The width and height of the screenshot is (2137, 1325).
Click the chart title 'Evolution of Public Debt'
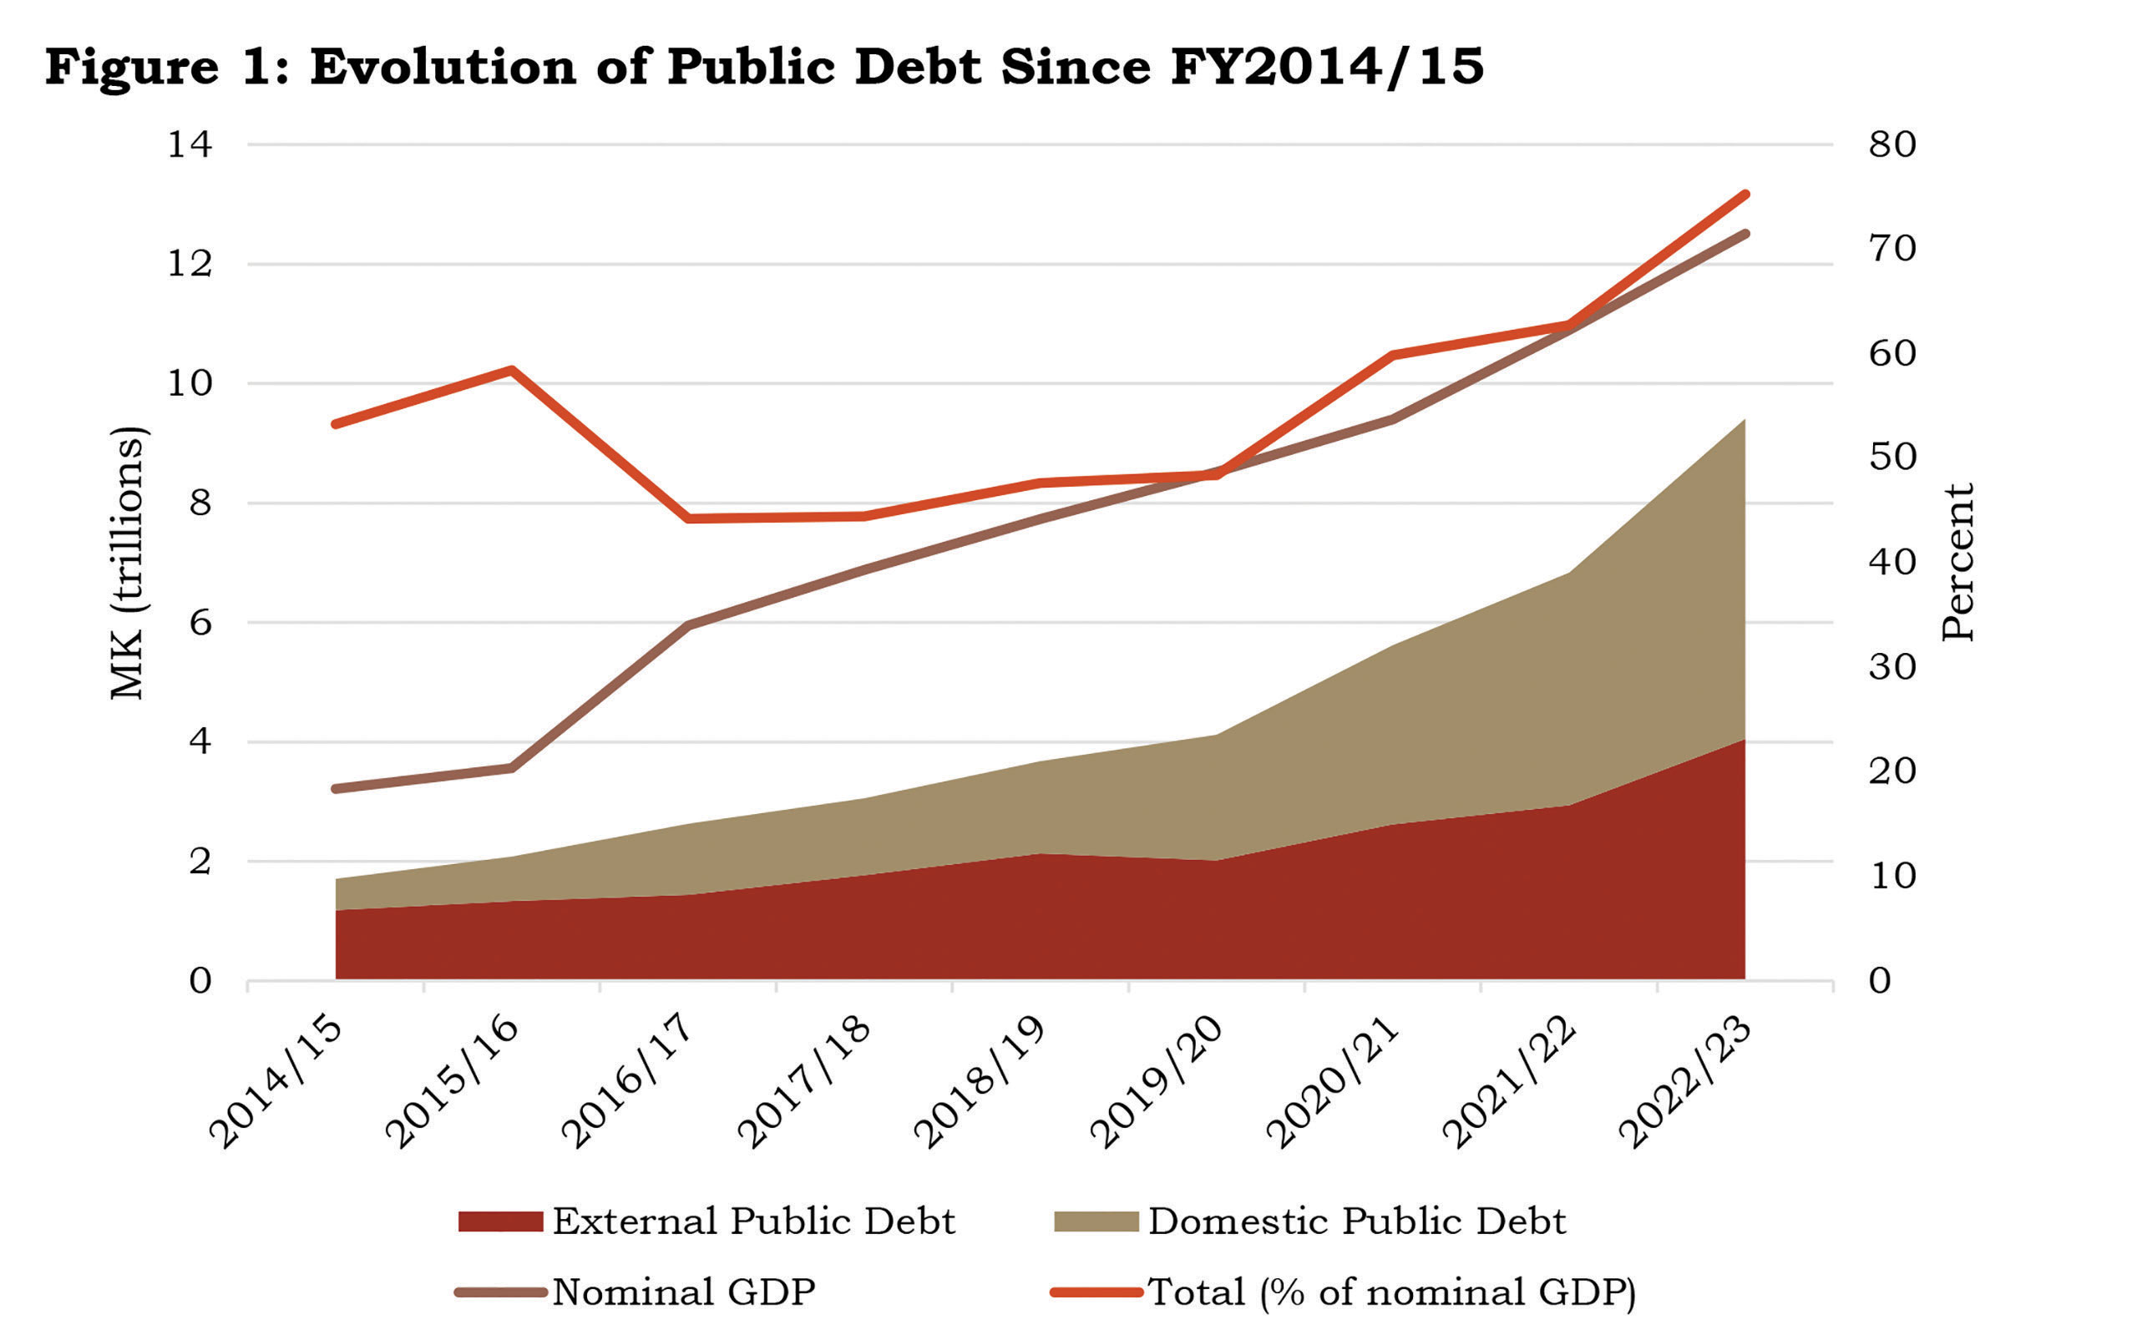(x=762, y=67)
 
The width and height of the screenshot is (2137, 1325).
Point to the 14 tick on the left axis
(x=190, y=144)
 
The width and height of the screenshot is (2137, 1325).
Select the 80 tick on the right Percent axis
(x=1891, y=144)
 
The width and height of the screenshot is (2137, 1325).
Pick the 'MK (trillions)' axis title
(x=128, y=563)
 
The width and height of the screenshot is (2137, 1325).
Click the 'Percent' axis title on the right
(x=1957, y=563)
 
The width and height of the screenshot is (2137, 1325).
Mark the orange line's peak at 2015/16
(x=512, y=370)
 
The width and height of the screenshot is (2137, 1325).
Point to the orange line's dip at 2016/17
(x=689, y=518)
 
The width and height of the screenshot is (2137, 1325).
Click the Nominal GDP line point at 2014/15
(x=336, y=789)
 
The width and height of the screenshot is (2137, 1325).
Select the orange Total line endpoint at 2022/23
(x=1745, y=195)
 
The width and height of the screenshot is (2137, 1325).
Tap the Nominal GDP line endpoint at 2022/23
(x=1745, y=234)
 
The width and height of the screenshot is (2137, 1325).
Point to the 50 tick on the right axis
(x=1891, y=457)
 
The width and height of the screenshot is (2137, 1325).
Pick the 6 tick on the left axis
(x=200, y=623)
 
